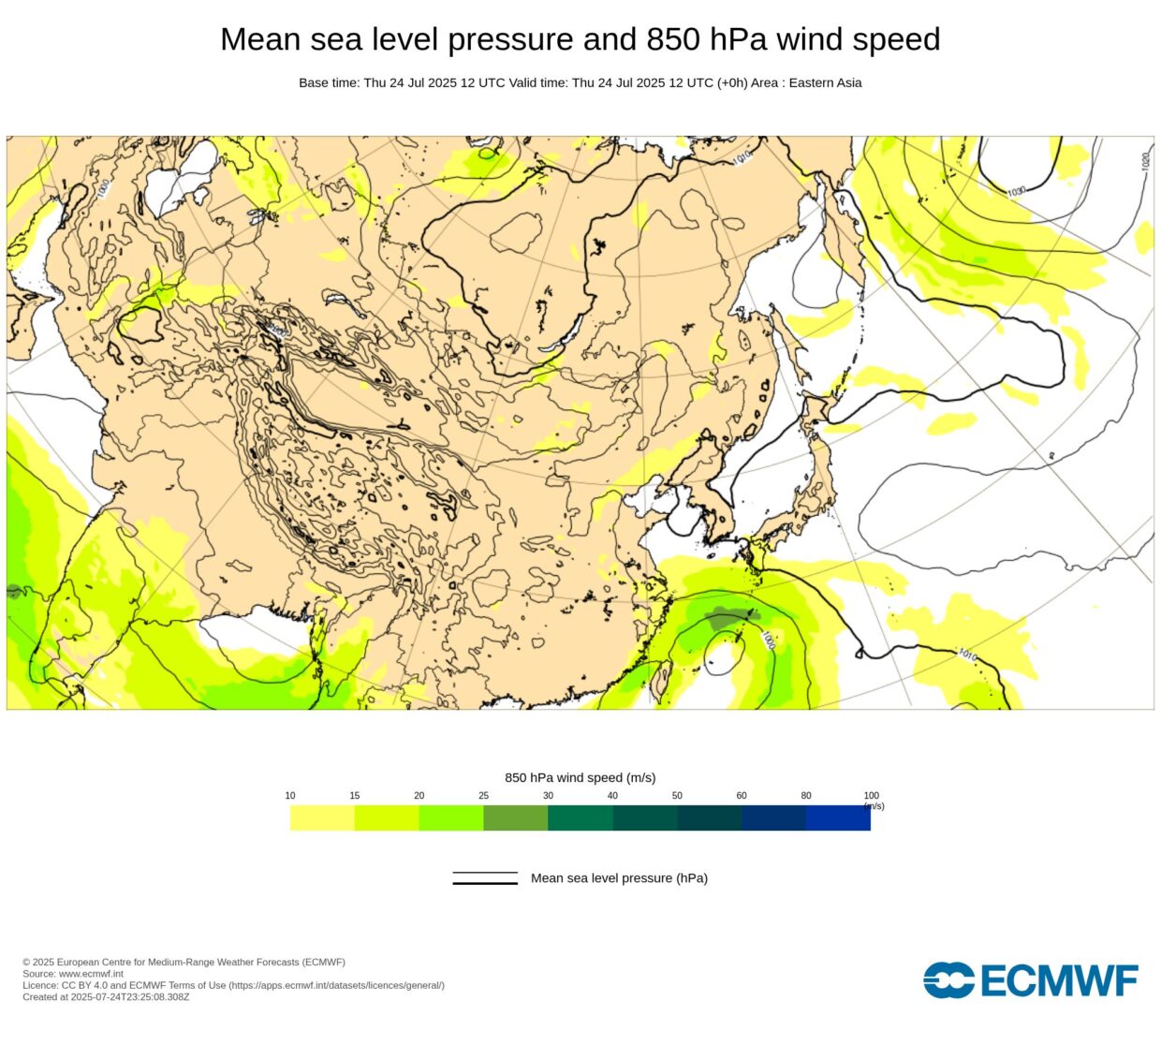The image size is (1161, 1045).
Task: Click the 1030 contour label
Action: click(1017, 191)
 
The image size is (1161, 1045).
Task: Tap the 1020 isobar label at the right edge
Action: click(1145, 161)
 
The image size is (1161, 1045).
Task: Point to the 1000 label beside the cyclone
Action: click(768, 640)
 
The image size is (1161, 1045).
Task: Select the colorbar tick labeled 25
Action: click(483, 796)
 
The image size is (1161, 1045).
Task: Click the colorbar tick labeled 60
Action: click(742, 796)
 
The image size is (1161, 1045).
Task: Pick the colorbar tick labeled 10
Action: click(290, 796)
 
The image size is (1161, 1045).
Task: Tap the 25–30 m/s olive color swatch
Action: click(515, 818)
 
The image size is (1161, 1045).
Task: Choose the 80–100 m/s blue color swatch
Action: click(838, 818)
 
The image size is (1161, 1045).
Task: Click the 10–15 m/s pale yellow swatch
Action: click(322, 818)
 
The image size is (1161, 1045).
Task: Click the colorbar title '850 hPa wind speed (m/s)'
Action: click(580, 777)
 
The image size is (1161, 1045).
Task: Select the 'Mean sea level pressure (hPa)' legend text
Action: click(619, 878)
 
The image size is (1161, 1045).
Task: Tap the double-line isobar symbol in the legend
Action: click(485, 878)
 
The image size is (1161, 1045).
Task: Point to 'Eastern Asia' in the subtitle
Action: click(825, 82)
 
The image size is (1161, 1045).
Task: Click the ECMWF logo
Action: click(1030, 980)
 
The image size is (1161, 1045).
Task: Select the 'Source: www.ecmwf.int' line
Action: click(73, 974)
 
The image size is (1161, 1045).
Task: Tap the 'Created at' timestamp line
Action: click(106, 997)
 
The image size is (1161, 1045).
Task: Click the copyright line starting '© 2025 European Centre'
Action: click(184, 963)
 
